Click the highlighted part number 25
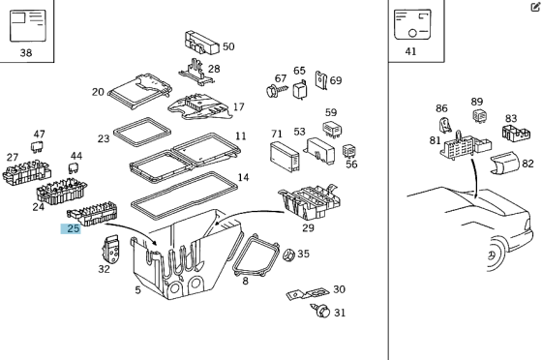pyautogui.click(x=73, y=228)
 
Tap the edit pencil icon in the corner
pyautogui.click(x=535, y=7)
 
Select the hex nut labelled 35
pyautogui.click(x=288, y=255)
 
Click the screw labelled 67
pyautogui.click(x=277, y=91)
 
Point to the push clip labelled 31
pyautogui.click(x=320, y=311)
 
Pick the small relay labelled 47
pyautogui.click(x=37, y=147)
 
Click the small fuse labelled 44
pyautogui.click(x=73, y=168)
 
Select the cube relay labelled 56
pyautogui.click(x=349, y=151)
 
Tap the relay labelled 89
pyautogui.click(x=480, y=115)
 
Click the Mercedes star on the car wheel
pyautogui.click(x=492, y=256)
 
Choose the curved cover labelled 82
pyautogui.click(x=504, y=162)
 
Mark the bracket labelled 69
pyautogui.click(x=321, y=80)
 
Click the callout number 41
pyautogui.click(x=410, y=51)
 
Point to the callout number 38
pyautogui.click(x=26, y=53)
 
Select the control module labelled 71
pyautogui.click(x=285, y=156)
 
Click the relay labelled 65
pyautogui.click(x=299, y=90)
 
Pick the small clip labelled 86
pyautogui.click(x=445, y=125)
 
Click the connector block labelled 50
pyautogui.click(x=201, y=43)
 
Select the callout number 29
pyautogui.click(x=308, y=227)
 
